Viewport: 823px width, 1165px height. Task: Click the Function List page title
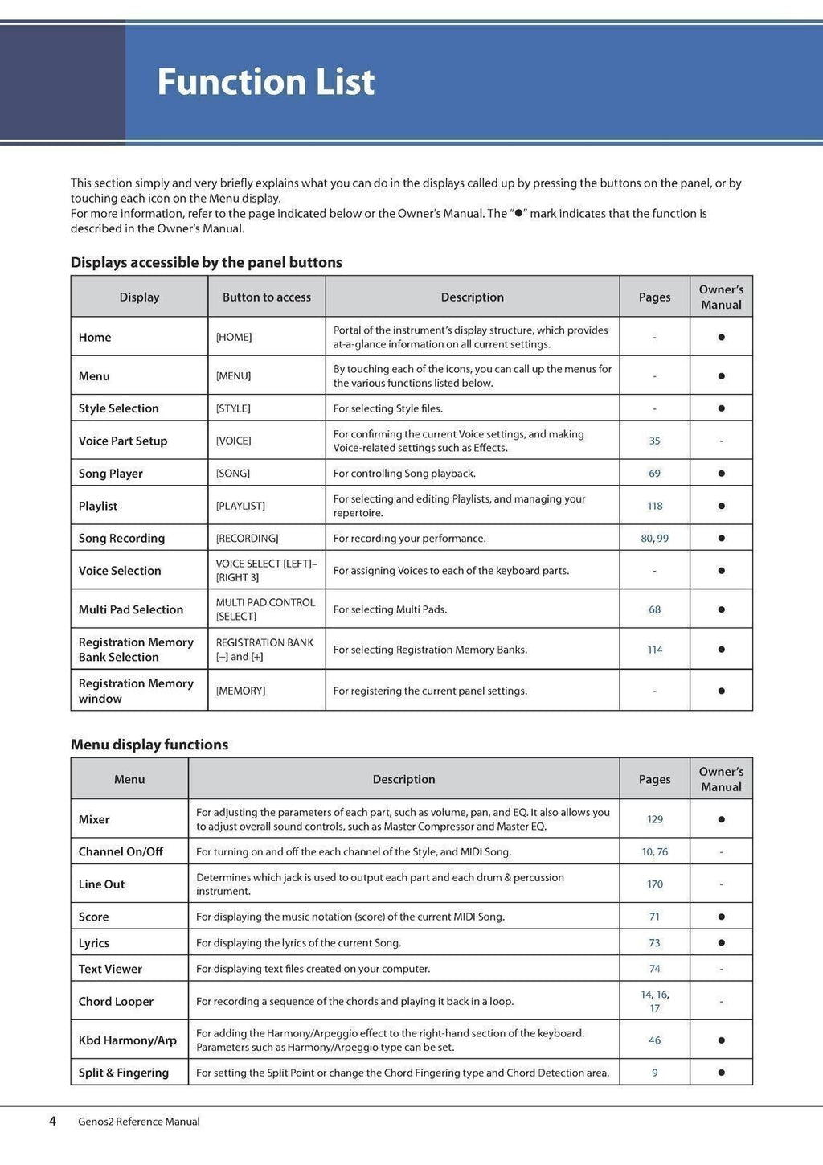265,82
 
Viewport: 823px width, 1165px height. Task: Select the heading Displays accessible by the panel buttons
207,262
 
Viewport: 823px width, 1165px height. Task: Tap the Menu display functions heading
149,745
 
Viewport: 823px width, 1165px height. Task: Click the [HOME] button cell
234,337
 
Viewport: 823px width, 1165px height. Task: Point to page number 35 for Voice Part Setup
654,441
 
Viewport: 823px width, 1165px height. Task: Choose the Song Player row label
111,474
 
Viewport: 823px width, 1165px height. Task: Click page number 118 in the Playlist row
654,506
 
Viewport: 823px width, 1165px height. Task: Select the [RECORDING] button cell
247,538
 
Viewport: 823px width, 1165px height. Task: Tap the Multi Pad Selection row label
131,609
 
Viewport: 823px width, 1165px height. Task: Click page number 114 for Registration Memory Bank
654,650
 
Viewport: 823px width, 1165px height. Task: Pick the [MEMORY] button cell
240,691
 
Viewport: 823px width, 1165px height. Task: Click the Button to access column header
267,297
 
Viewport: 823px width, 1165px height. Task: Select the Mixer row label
94,819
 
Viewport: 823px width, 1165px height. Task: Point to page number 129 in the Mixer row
654,819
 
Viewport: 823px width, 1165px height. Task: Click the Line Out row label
101,884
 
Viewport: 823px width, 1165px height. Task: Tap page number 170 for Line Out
654,884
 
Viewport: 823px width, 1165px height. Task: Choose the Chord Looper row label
116,1002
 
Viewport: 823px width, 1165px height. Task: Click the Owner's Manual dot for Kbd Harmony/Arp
721,1040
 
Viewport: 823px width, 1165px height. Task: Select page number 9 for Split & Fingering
654,1073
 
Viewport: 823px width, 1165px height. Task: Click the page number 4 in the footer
53,1121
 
